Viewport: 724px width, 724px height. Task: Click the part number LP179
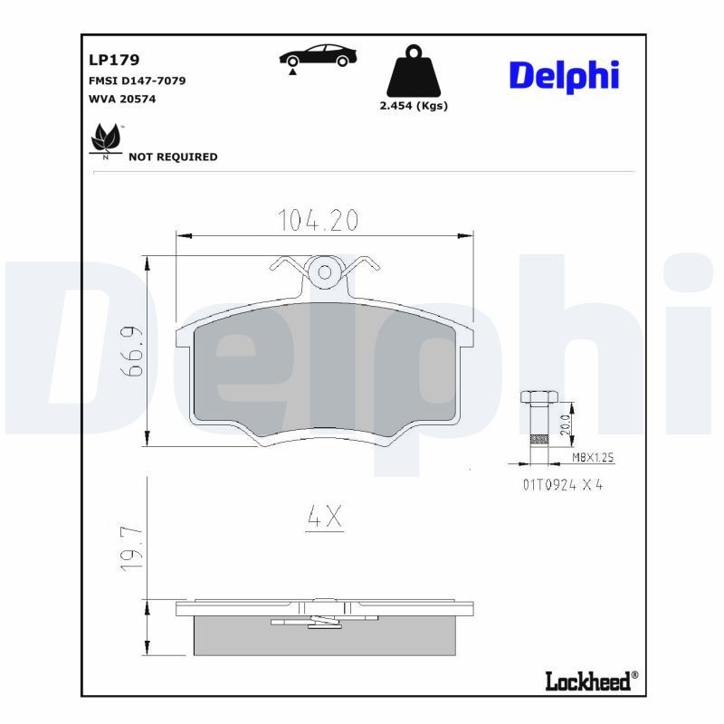(113, 61)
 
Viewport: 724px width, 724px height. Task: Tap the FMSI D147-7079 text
(137, 81)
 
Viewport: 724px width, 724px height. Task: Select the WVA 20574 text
(122, 99)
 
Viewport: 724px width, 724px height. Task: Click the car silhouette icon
(316, 56)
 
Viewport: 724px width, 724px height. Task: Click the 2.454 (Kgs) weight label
(413, 106)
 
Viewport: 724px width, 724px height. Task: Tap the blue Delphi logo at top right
(563, 76)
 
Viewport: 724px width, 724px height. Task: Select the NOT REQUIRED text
(173, 157)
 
